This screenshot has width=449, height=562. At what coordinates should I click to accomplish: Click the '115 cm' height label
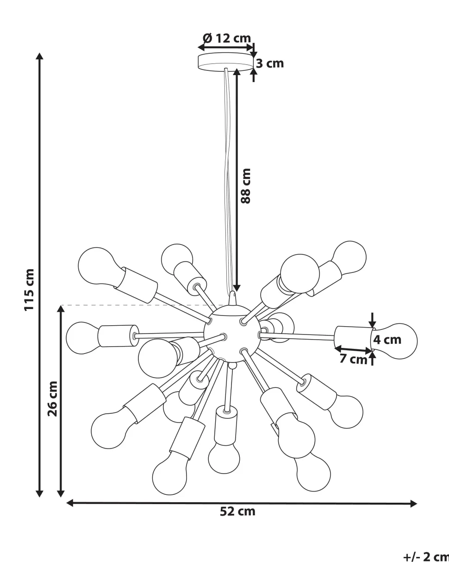30,290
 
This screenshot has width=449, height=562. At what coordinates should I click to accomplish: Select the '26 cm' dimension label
53,398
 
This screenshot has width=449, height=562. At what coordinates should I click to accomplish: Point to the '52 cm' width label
237,511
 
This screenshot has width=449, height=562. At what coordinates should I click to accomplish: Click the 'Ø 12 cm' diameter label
227,38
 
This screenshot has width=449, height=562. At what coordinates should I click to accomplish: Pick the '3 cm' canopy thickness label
270,63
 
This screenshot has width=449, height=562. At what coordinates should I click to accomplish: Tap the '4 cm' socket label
387,340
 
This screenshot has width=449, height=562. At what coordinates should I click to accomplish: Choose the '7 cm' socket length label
353,358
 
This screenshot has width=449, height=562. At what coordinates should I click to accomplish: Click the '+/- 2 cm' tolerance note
426,556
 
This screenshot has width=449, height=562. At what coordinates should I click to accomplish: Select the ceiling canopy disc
225,62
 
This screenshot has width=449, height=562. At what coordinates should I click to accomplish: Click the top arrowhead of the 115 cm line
40,57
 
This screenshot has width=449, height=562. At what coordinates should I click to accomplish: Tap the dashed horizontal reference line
139,305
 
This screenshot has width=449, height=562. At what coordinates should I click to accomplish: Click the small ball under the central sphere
232,366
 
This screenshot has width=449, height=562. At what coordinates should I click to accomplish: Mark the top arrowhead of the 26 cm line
61,309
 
